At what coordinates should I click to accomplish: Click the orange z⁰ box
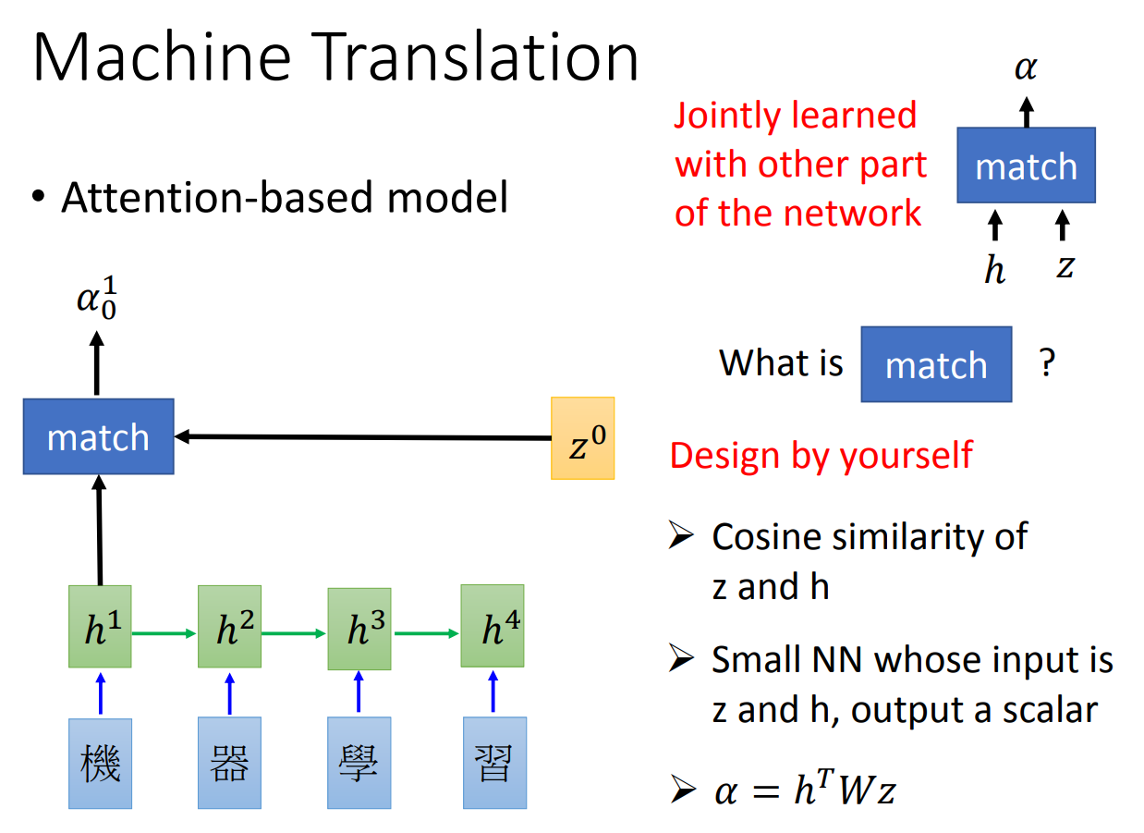coord(582,438)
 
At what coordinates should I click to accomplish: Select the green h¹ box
coord(100,626)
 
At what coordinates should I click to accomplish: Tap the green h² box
coord(230,626)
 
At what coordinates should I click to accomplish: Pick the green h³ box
coord(359,627)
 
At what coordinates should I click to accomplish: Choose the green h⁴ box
coord(493,626)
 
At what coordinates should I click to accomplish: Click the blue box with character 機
coord(100,763)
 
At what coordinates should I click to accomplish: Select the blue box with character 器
coord(230,763)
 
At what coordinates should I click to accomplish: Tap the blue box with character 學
coord(359,763)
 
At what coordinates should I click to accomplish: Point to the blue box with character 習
coord(493,763)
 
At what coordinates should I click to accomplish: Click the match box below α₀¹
coord(99,436)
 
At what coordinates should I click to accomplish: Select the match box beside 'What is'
coord(936,364)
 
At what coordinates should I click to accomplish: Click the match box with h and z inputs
coord(1026,165)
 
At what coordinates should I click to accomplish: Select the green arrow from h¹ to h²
coord(164,633)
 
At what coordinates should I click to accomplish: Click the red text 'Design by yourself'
coord(821,455)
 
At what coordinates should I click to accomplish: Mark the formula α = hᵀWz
coord(805,790)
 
